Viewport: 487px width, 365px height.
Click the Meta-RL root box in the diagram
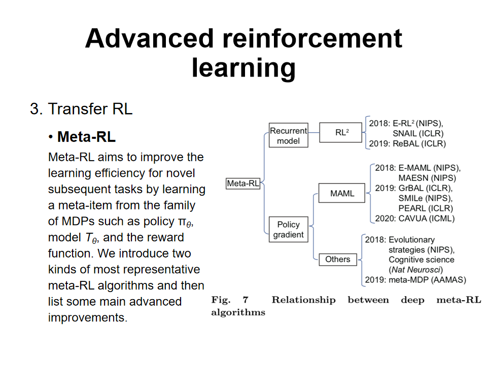coord(243,184)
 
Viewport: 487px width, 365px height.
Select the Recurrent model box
coord(288,136)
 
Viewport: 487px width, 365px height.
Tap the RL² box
coord(341,132)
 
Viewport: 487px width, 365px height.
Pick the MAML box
coord(342,193)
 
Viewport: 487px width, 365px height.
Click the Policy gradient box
coord(288,229)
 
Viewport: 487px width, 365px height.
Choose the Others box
coord(337,259)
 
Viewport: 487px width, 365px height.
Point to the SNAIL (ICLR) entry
coord(418,133)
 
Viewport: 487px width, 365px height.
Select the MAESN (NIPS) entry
coord(427,178)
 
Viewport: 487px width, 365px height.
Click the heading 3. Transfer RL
coord(81,109)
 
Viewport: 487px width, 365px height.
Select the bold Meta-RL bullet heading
coord(86,137)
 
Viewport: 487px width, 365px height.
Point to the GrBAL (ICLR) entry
coord(423,188)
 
